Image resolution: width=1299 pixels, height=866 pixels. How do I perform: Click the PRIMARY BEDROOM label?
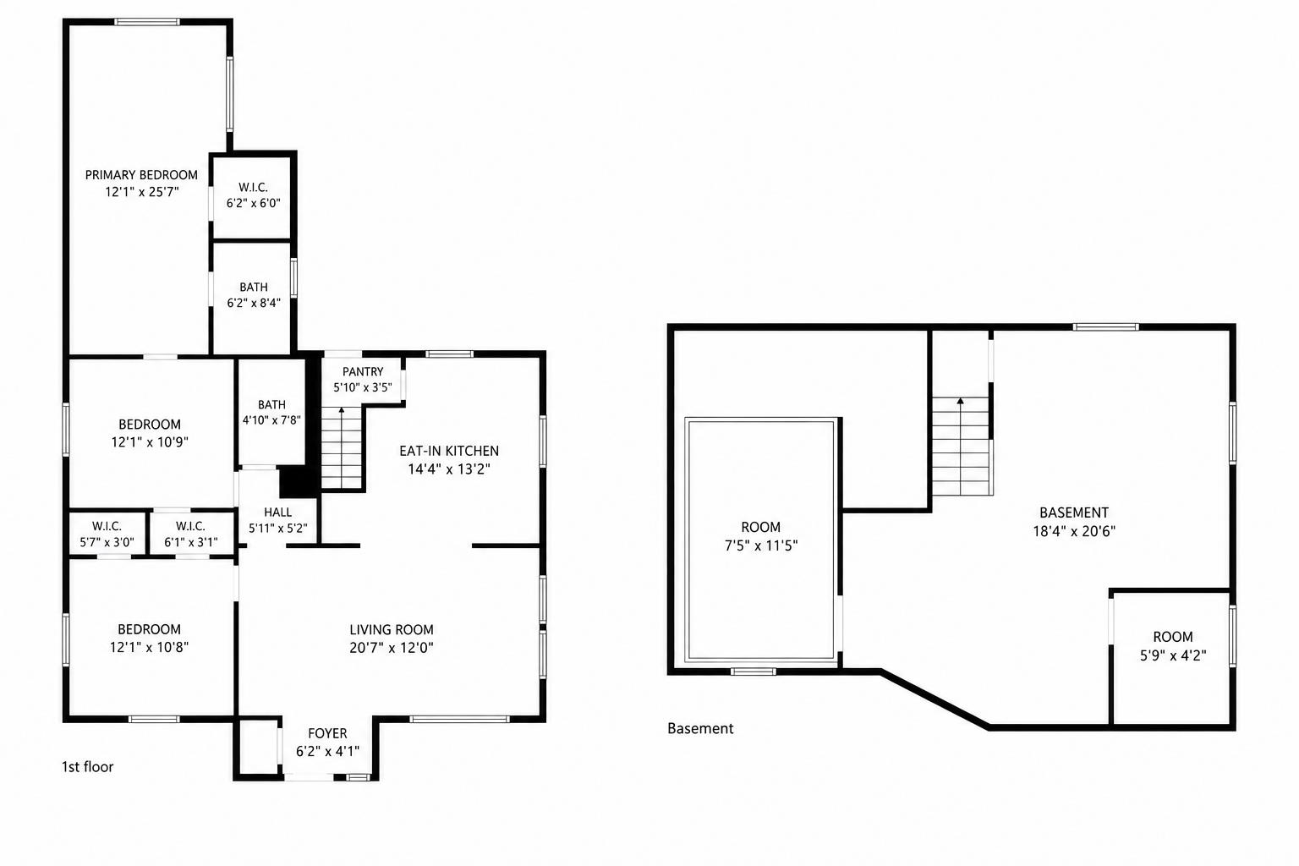pos(141,174)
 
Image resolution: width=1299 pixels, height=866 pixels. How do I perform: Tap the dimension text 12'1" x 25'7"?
pos(141,192)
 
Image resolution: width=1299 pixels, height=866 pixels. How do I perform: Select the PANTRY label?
pos(363,372)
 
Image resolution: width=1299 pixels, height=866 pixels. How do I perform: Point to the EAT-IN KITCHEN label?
pos(449,451)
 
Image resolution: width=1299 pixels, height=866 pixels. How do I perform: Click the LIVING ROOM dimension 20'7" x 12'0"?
pos(392,647)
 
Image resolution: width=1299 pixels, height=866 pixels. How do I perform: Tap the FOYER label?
pos(327,733)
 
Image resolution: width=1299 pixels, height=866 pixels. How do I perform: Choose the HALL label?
pos(277,512)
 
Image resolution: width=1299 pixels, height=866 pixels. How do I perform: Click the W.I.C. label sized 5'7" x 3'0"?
pos(107,526)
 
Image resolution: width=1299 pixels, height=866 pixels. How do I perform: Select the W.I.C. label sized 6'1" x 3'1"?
pos(191,526)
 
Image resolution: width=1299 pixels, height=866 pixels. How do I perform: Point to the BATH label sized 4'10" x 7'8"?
pos(272,404)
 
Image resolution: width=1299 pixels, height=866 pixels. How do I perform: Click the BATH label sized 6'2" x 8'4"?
pos(254,287)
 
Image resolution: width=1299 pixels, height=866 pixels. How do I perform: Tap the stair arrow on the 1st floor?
pos(342,447)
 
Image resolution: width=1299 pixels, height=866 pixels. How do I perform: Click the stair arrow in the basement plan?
pos(961,446)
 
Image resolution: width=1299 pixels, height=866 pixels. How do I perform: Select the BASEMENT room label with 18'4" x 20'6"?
pos(1074,512)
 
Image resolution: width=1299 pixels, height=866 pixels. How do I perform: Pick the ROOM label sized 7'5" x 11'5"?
pos(761,527)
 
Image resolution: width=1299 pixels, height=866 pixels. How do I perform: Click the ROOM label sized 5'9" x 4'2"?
pos(1173,637)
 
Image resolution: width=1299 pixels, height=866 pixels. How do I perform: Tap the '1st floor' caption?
pos(88,767)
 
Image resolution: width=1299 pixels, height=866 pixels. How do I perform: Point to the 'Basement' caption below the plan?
pos(700,728)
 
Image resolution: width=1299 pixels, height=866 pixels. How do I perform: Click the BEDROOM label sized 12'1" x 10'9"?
pos(150,424)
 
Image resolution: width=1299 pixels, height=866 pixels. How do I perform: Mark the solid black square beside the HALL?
pos(298,482)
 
